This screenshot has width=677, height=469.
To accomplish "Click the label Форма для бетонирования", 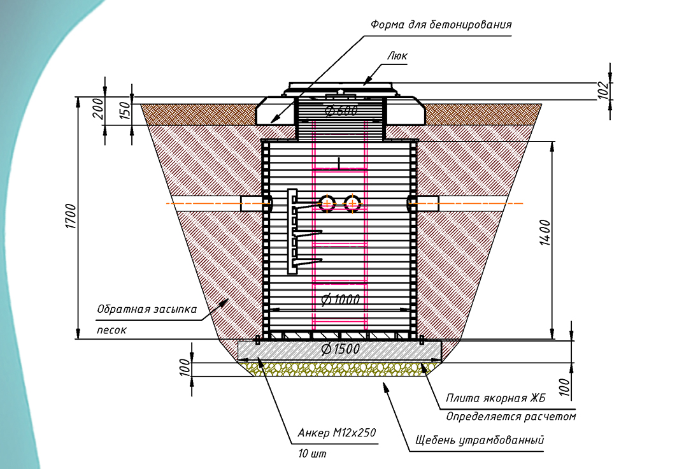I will pyautogui.click(x=441, y=25).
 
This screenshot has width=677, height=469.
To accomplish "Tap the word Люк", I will pyautogui.click(x=397, y=56).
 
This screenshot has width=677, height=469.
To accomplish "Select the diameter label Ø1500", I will pyautogui.click(x=340, y=349).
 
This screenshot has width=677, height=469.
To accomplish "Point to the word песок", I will pyautogui.click(x=111, y=331).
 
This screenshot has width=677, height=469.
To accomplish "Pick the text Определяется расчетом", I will pyautogui.click(x=511, y=417).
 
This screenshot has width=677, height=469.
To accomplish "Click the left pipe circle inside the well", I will pyautogui.click(x=327, y=203).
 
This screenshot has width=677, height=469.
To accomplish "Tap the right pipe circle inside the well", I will pyautogui.click(x=352, y=203).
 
